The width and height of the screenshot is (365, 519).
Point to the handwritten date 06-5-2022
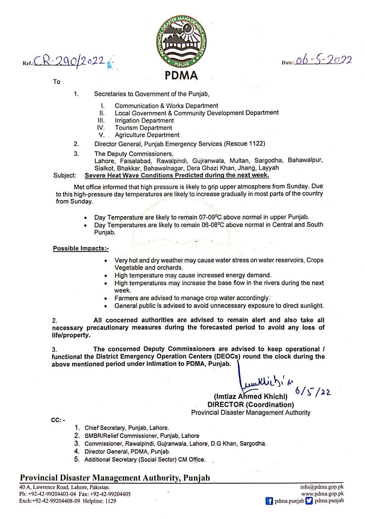click(323, 60)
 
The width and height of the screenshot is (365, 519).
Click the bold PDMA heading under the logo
click(181, 76)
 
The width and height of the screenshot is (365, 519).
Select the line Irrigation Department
click(144, 120)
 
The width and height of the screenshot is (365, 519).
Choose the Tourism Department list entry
click(143, 128)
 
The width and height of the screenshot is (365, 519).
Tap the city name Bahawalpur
click(305, 160)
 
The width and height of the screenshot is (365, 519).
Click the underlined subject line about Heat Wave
click(177, 175)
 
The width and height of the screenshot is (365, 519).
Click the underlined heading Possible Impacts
click(80, 248)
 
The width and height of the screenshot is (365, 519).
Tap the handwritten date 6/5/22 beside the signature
click(312, 391)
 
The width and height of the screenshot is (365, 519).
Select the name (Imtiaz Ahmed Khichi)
click(251, 396)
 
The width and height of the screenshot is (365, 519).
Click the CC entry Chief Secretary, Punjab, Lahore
click(127, 428)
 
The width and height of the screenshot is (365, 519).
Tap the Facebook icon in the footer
click(269, 501)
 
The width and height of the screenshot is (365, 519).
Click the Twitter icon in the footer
click(309, 501)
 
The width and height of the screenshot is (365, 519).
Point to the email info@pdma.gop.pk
click(322, 487)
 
